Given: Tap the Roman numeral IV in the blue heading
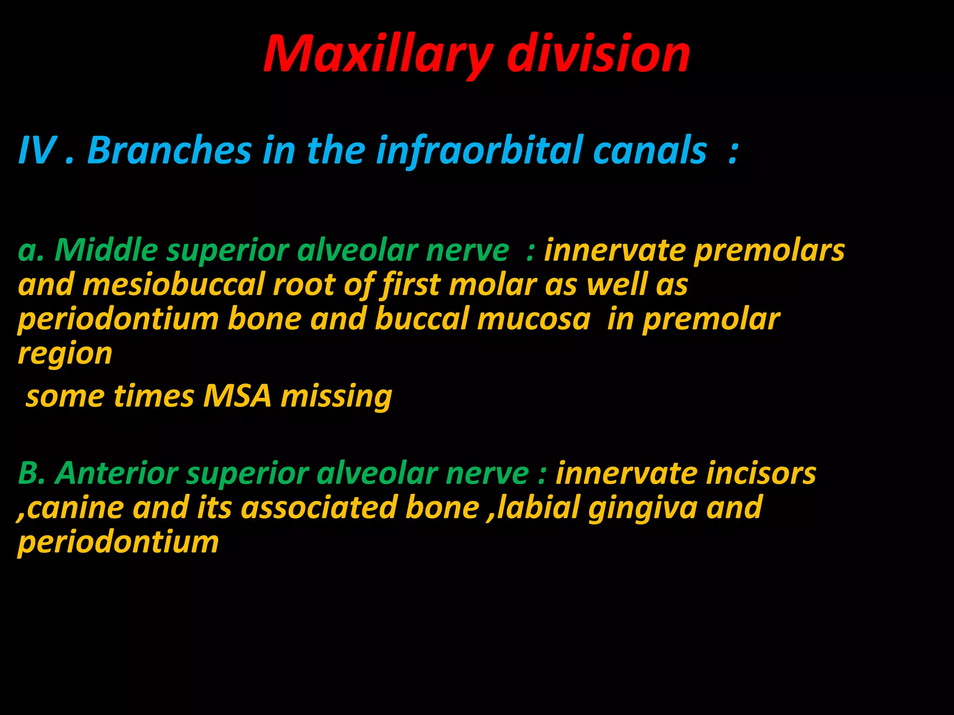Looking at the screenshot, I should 37,150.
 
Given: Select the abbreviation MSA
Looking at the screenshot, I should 237,396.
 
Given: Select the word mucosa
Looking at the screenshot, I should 534,319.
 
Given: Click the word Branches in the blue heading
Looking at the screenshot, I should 170,150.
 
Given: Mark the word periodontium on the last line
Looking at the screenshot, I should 118,542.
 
